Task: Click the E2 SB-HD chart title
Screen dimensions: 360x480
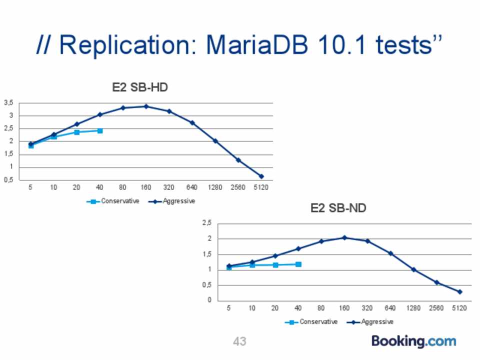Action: (139, 87)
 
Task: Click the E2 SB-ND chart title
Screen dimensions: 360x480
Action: (338, 208)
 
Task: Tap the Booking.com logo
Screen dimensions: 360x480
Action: (413, 341)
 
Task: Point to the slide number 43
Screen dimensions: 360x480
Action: (239, 341)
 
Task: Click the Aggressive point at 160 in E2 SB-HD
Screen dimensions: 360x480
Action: (146, 106)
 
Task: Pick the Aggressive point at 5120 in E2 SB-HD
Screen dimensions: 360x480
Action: (261, 176)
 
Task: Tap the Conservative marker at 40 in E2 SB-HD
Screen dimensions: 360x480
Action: (100, 131)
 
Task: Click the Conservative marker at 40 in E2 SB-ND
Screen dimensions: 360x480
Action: (298, 264)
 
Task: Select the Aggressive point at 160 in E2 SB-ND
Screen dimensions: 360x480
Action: (344, 237)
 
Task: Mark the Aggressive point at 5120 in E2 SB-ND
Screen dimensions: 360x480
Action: (459, 291)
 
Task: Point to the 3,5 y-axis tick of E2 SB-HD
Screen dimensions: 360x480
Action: (8, 103)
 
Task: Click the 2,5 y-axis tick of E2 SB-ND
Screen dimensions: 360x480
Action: (207, 223)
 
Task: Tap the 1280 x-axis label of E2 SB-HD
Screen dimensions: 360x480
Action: (215, 187)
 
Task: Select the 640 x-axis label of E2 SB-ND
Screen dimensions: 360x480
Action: (390, 308)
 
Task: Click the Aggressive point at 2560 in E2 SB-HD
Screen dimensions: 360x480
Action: (238, 160)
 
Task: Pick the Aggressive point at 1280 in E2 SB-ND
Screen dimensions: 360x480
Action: (413, 270)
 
